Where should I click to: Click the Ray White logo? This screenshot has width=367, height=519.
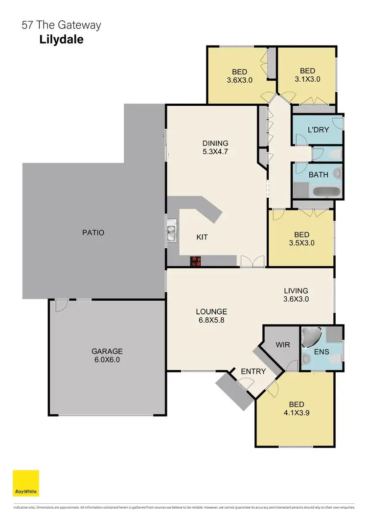(x=25, y=483)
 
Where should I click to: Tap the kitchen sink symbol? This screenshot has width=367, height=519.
(x=171, y=232)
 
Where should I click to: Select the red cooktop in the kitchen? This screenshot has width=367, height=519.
(x=196, y=261)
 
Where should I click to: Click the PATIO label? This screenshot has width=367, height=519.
(x=93, y=233)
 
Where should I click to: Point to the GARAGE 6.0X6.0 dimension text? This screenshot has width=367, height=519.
(x=107, y=359)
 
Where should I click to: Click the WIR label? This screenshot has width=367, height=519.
(x=283, y=345)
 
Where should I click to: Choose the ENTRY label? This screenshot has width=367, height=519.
(x=253, y=372)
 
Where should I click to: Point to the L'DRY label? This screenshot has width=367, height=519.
(x=318, y=130)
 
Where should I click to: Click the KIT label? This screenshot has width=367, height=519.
(x=202, y=237)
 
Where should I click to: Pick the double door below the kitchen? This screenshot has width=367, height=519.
(x=252, y=262)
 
